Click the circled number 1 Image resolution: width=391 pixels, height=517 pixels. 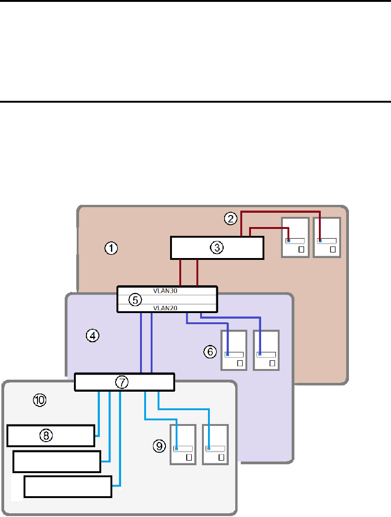coord(111,248)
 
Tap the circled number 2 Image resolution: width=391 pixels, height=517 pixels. coord(231,218)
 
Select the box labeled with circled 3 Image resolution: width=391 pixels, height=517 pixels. coord(217,248)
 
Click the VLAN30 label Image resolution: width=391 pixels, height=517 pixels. coord(165,291)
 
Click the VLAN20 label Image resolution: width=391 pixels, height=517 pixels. coord(165,308)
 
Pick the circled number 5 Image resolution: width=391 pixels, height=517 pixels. coord(134,300)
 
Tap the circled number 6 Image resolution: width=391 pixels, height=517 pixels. coord(210,352)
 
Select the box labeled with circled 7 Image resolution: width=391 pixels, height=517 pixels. coord(124,382)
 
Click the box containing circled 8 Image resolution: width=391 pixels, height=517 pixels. coord(51,436)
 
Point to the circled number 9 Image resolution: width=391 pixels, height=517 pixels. coord(159,445)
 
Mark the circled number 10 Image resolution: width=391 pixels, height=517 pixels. coord(40,400)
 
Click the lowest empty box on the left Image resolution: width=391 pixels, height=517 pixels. coord(68,486)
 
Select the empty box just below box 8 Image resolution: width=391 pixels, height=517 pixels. coord(57,461)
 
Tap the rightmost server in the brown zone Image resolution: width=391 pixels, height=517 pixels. coord(327,237)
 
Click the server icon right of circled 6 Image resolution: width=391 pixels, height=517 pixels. coord(234,350)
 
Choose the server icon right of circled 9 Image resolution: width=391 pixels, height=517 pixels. coord(183,444)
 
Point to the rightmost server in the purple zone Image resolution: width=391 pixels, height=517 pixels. coord(267,350)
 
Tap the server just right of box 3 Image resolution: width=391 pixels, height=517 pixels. coord(295,237)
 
